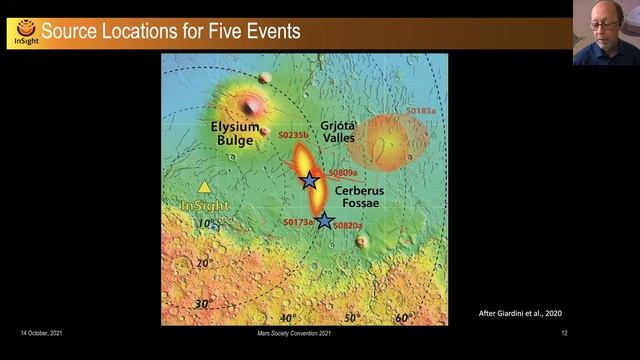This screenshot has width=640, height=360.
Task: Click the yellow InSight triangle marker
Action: [205, 187]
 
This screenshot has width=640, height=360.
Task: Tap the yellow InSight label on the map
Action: [204, 206]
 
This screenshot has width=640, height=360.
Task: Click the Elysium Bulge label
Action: [235, 133]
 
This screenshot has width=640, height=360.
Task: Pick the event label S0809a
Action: [343, 173]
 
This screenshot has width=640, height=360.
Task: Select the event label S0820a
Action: [349, 226]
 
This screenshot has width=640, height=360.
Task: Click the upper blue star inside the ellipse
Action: [310, 181]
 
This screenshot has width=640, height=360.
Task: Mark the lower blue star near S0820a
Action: [324, 221]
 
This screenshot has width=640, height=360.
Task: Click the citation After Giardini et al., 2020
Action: [527, 314]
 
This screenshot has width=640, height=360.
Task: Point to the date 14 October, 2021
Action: [45, 332]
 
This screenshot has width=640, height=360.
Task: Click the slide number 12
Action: [565, 332]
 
